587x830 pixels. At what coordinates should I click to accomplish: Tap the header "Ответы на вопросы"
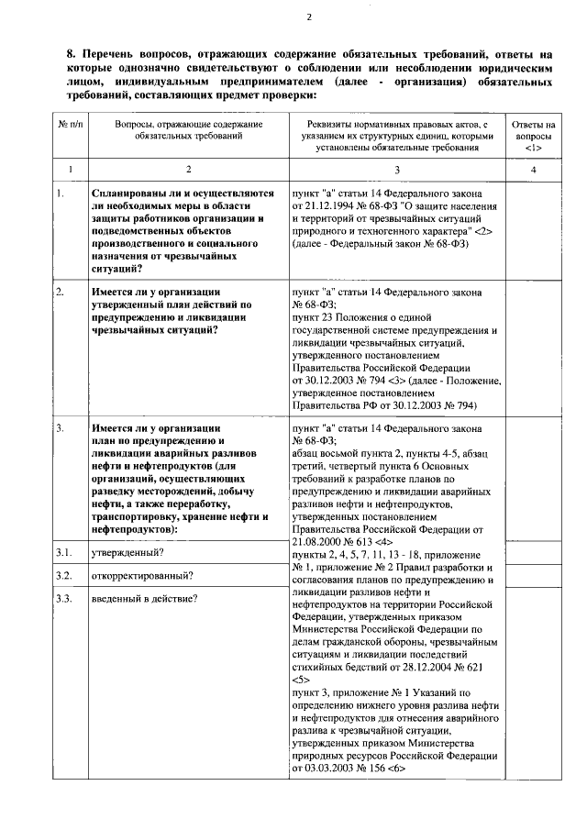pyautogui.click(x=533, y=135)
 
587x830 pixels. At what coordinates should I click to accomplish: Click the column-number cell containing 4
pyautogui.click(x=533, y=171)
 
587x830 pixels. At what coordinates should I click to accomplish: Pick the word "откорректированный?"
pyautogui.click(x=141, y=576)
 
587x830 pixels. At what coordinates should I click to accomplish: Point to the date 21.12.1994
pyautogui.click(x=329, y=208)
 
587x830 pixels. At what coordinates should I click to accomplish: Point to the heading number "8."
pyautogui.click(x=72, y=55)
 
